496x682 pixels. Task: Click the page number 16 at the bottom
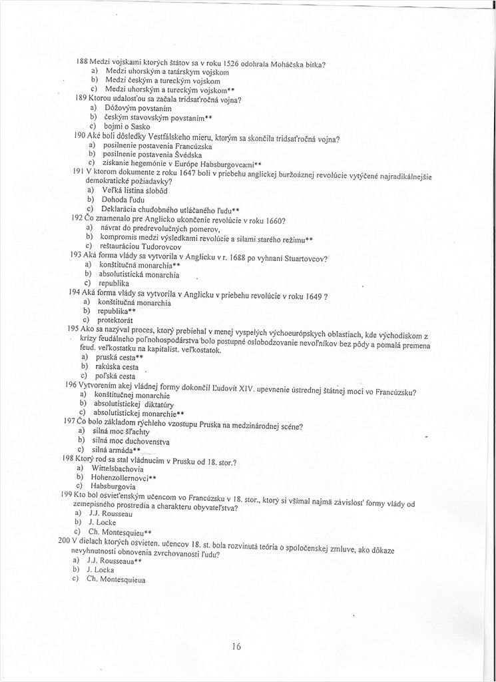coord(237,645)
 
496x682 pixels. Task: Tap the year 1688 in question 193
coord(244,257)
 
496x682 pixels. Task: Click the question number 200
coord(65,541)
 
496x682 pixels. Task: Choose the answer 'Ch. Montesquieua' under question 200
coord(117,579)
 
